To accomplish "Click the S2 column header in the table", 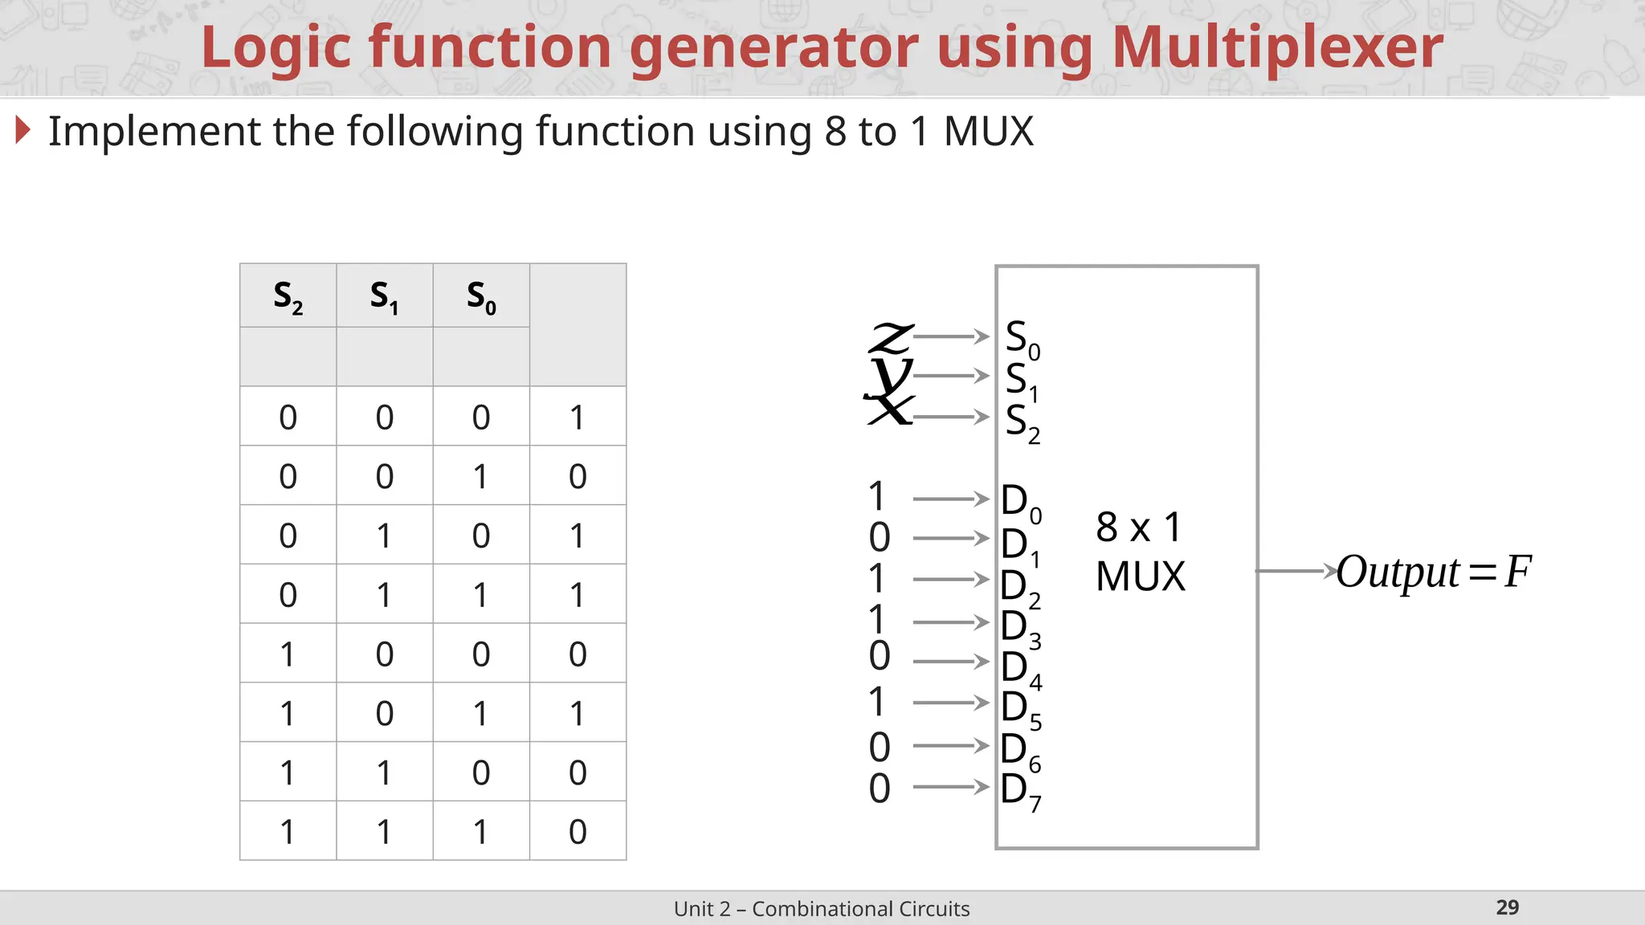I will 288,296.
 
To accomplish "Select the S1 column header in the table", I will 385,296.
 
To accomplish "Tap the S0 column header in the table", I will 481,296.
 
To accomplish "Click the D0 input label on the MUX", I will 1020,502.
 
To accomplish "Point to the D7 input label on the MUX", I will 1020,791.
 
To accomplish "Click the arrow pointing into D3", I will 951,621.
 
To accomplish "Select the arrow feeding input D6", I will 951,745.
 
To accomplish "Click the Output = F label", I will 1433,572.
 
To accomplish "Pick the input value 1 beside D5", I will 877,702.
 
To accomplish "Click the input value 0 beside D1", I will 880,537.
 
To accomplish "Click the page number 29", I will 1507,907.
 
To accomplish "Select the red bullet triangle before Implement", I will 23,130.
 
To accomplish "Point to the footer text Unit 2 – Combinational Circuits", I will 822,908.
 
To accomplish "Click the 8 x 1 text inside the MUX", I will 1138,528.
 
